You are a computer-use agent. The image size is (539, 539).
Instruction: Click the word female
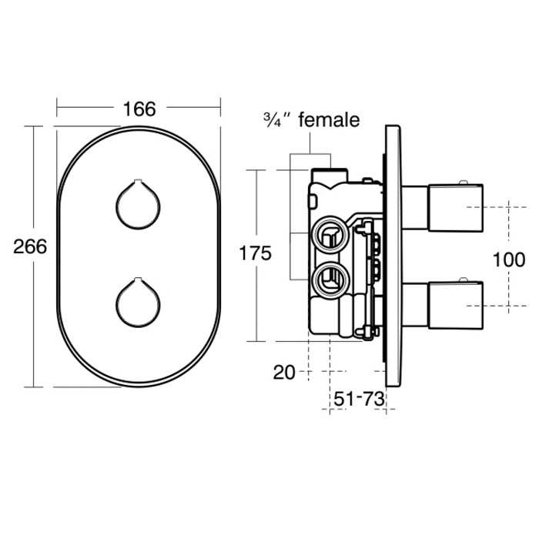pyautogui.click(x=328, y=119)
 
